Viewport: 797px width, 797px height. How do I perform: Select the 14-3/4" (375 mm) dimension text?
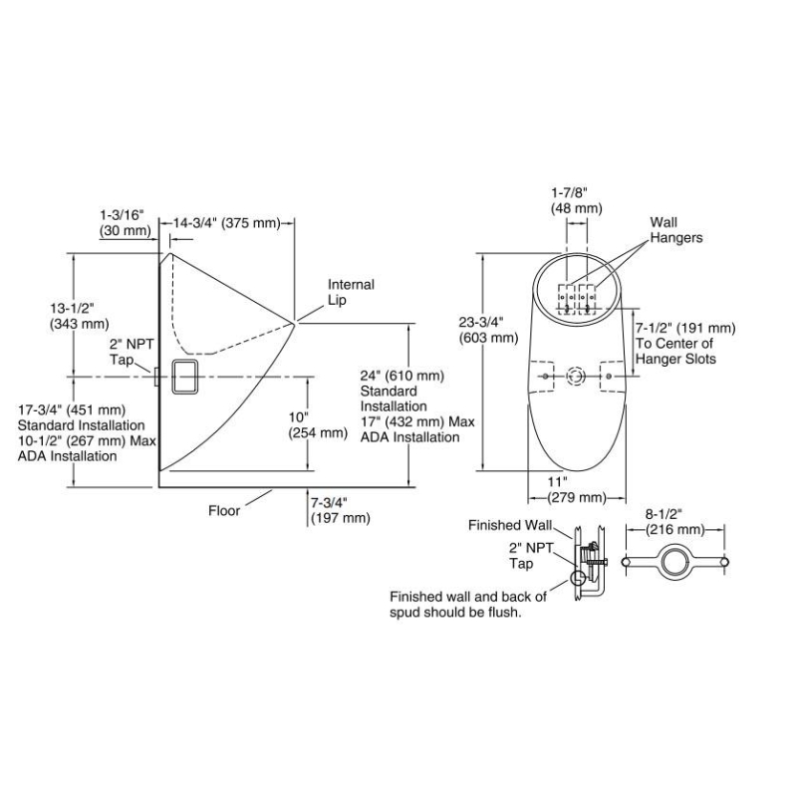227,223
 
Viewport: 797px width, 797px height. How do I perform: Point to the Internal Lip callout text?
351,292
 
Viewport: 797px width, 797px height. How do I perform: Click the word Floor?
224,511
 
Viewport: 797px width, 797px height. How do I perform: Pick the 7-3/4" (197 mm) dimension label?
340,510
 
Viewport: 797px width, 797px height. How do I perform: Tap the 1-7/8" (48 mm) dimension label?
577,200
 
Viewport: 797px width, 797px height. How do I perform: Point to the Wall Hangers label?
676,230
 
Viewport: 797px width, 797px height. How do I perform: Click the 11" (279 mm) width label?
577,489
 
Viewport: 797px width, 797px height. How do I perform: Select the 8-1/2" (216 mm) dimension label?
675,521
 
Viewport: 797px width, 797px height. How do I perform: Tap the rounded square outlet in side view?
183,377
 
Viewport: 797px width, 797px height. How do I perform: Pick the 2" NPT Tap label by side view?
129,352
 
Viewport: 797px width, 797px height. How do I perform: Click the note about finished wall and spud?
468,605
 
